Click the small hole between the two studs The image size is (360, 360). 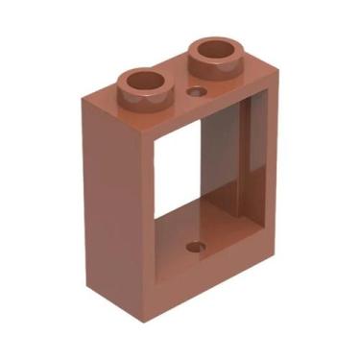tap(198, 92)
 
